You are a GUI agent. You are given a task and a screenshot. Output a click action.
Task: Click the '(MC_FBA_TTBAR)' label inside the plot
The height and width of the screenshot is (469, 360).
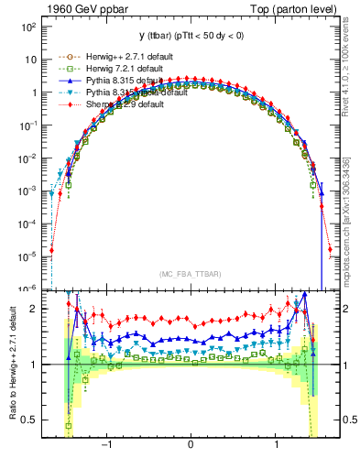pyautogui.click(x=191, y=273)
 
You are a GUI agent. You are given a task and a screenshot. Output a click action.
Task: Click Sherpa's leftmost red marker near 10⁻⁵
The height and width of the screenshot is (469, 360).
pyautogui.click(x=52, y=249)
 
